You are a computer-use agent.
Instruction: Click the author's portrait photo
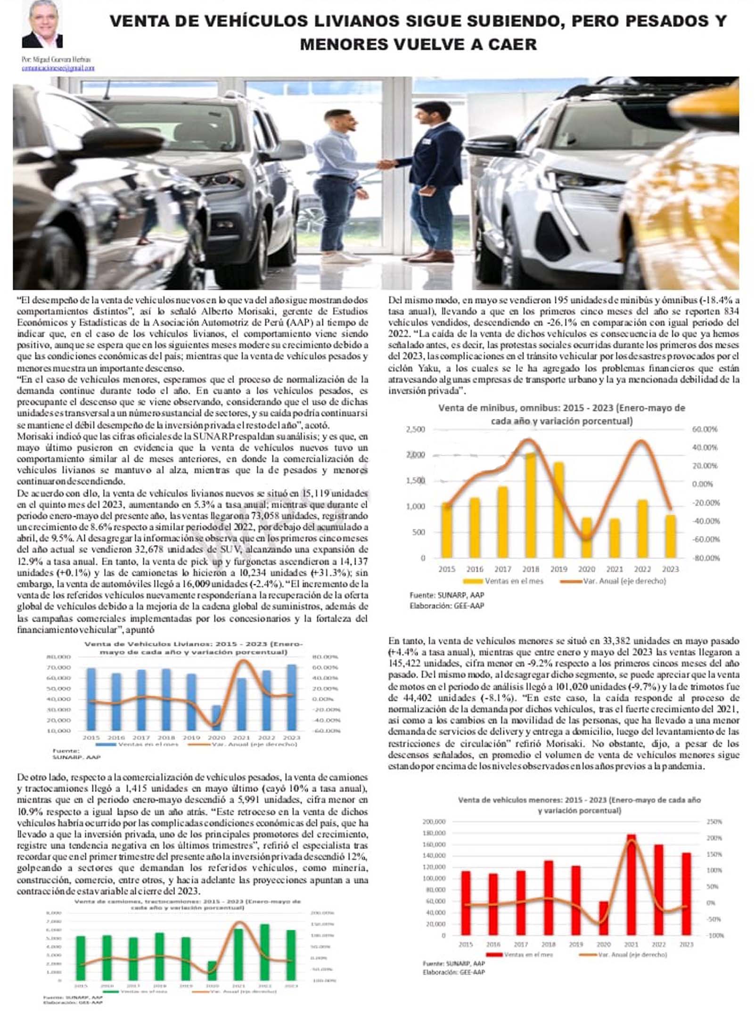point(42,24)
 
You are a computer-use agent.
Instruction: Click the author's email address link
point(58,68)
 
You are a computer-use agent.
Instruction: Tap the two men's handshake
point(386,165)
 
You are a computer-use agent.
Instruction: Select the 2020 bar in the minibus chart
point(586,538)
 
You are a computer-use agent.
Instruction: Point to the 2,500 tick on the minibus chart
point(415,429)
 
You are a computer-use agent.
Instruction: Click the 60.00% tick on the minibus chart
point(705,429)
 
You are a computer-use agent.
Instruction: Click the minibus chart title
point(561,414)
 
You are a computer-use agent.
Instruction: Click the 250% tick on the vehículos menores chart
point(714,822)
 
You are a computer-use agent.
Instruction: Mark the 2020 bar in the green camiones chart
point(212,971)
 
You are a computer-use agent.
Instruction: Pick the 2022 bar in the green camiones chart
point(264,952)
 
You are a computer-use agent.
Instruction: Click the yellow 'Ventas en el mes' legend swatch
point(473,581)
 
